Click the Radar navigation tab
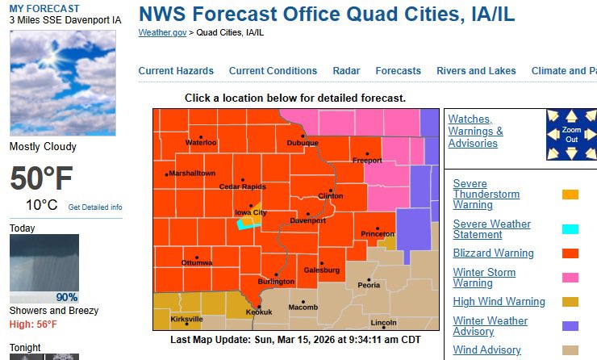click(346, 71)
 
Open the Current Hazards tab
click(176, 71)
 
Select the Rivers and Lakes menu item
click(476, 71)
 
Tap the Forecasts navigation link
click(398, 71)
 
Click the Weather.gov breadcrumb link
click(162, 32)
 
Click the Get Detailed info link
click(95, 207)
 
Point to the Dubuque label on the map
click(303, 143)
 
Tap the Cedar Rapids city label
click(242, 186)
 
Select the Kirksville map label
click(187, 319)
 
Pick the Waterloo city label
click(202, 143)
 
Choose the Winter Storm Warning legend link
click(484, 278)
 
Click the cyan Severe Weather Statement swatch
click(570, 228)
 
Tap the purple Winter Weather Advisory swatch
click(570, 326)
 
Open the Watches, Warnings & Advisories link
click(475, 131)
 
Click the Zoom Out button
click(571, 135)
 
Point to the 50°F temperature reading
click(41, 178)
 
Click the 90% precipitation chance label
click(67, 297)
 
